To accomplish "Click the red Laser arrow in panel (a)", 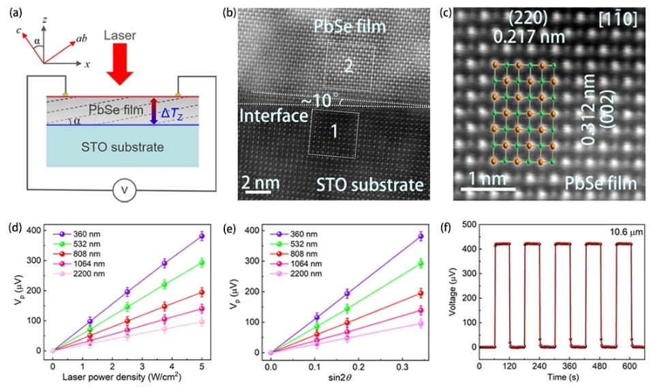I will pos(120,69).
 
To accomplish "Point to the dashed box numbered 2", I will pos(348,67).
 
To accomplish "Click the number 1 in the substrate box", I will pos(333,133).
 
